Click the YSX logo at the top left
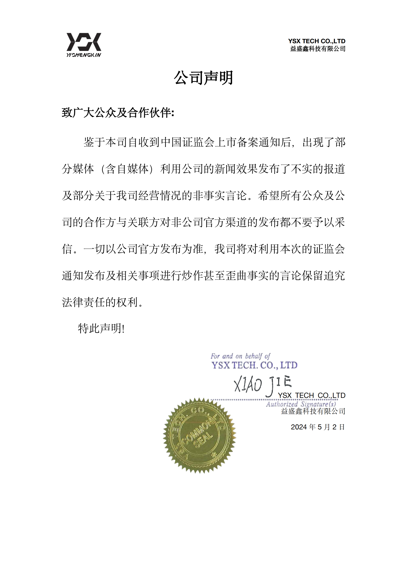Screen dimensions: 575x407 [84, 42]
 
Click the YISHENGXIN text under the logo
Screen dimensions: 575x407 [84, 55]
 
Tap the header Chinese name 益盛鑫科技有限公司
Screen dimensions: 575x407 [318, 49]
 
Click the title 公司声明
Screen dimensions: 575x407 [203, 78]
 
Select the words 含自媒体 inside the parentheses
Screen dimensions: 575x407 [127, 169]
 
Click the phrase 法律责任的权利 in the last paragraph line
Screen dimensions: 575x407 [100, 302]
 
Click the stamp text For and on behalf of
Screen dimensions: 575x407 [240, 356]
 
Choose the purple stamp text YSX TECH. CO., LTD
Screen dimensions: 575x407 [254, 365]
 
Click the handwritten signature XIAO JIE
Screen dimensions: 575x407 [262, 384]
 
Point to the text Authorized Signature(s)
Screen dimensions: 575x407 [301, 404]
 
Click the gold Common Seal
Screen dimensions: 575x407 [199, 436]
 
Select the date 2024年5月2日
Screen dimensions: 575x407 [318, 427]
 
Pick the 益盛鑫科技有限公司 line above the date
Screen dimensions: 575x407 [313, 411]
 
